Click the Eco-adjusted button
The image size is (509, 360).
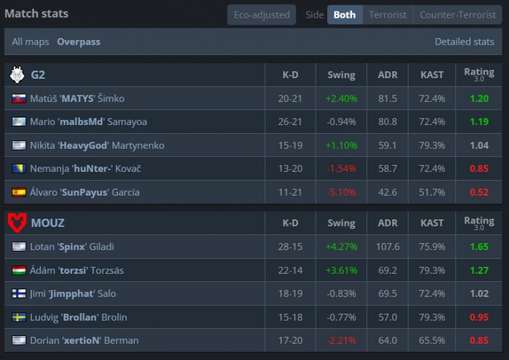[x=261, y=14]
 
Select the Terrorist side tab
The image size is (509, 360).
[x=388, y=14]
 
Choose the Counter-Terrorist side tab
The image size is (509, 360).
[x=457, y=14]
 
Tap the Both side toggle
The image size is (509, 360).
[x=344, y=14]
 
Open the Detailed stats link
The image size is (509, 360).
[x=464, y=41]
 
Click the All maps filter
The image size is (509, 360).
[x=31, y=41]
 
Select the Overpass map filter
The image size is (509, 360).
[x=79, y=41]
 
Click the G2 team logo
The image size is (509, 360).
[x=17, y=75]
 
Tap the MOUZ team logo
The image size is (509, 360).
[x=17, y=222]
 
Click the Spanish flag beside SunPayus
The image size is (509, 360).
[x=19, y=192]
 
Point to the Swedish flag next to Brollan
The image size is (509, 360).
[x=19, y=317]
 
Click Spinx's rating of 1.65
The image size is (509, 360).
[x=479, y=247]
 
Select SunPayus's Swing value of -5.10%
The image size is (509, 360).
[x=341, y=192]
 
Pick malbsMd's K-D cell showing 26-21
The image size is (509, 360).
[x=290, y=122]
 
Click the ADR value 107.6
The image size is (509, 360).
[x=388, y=247]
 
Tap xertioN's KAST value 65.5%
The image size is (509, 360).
[x=432, y=340]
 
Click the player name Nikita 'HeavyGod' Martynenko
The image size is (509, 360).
[x=97, y=145]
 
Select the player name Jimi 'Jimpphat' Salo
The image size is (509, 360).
[x=73, y=293]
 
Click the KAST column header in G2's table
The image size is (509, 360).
[x=432, y=75]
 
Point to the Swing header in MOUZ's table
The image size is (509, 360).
[x=341, y=223]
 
